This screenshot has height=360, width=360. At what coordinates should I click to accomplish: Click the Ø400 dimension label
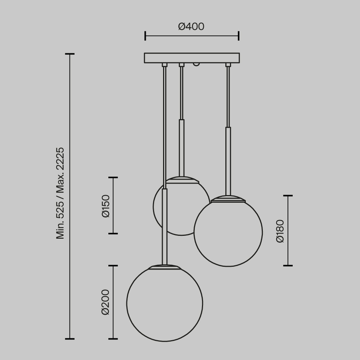[191, 27]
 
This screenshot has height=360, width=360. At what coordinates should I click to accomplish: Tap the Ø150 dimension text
[106, 206]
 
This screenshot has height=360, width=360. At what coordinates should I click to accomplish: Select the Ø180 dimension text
[280, 231]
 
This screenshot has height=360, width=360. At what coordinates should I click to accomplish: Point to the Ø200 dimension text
[105, 302]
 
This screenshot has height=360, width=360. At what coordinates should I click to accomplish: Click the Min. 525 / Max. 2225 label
[60, 193]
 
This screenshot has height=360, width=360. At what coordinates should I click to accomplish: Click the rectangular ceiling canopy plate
[192, 58]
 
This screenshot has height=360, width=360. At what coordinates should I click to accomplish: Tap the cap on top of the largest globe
[165, 267]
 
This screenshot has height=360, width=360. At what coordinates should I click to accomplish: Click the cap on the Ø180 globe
[228, 199]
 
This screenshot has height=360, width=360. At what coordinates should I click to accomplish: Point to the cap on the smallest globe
[182, 180]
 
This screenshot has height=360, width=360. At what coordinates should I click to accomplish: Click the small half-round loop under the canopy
[196, 64]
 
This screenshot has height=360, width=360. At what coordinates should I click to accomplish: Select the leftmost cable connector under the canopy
[165, 65]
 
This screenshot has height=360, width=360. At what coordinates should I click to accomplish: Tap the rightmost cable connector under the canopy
[228, 65]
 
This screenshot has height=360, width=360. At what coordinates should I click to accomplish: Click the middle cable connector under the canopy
[181, 65]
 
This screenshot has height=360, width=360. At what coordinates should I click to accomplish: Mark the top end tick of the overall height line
[69, 54]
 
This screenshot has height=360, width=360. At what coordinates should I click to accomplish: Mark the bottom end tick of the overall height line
[69, 339]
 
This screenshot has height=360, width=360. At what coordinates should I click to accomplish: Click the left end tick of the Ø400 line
[145, 36]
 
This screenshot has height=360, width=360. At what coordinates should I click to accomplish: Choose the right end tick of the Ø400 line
[239, 36]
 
